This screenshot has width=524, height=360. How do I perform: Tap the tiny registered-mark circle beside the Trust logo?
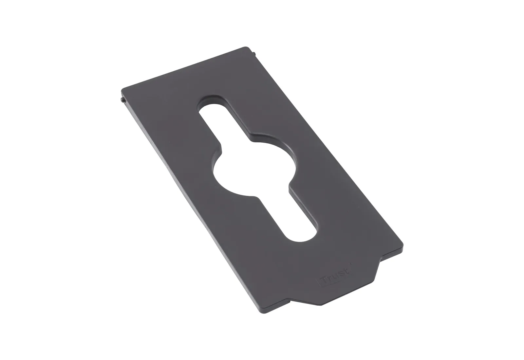[350, 263]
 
